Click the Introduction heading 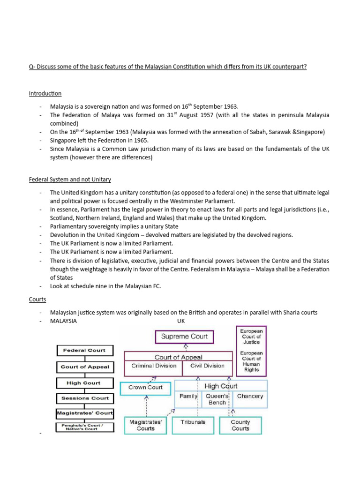click(45, 94)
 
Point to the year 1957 click(194, 115)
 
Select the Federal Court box click(84, 350)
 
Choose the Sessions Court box click(85, 398)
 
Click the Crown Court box click(145, 388)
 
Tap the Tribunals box click(193, 422)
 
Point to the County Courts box click(240, 425)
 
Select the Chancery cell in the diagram click(250, 396)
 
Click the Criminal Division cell click(154, 366)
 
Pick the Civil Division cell click(207, 366)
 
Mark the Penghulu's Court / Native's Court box click(85, 427)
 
